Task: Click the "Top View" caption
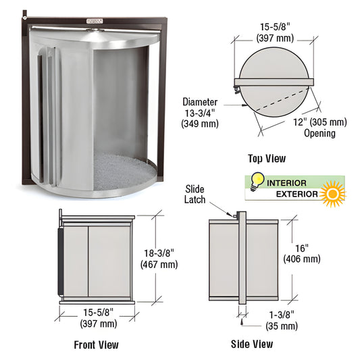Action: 267,159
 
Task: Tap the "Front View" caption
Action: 96,344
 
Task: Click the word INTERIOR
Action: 286,183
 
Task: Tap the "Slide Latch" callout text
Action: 195,194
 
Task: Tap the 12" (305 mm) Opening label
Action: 319,127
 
